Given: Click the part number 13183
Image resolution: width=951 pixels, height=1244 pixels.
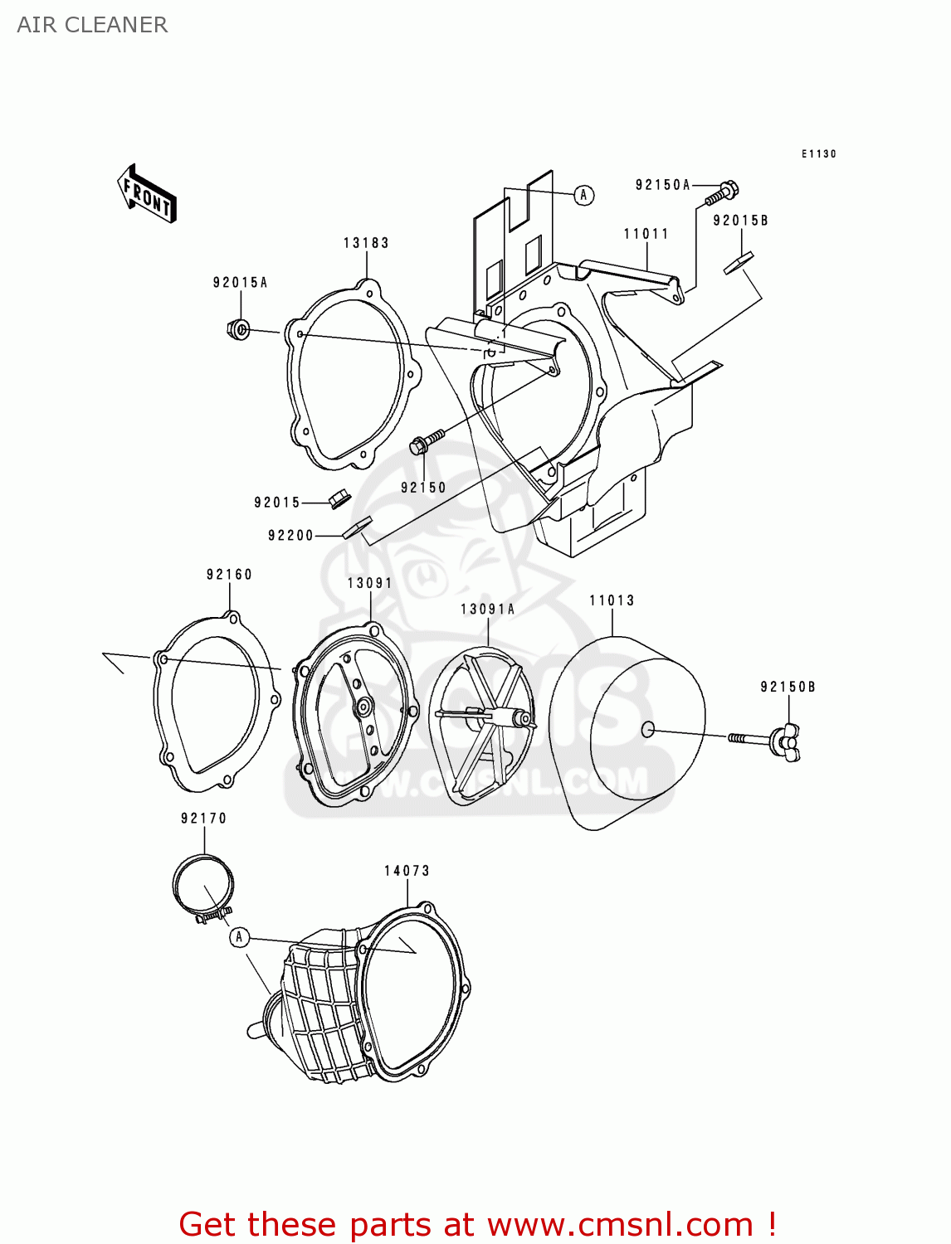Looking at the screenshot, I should click(x=366, y=243).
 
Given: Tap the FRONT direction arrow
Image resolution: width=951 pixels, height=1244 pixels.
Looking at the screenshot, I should click(x=147, y=194).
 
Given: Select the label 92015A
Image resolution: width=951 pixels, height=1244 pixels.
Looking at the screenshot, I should click(x=240, y=283).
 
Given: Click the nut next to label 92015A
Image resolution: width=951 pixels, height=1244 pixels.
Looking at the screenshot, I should click(x=238, y=329).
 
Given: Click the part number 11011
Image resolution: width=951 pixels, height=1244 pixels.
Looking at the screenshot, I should click(x=646, y=234).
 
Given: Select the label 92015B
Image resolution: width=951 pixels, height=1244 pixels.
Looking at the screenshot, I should click(x=740, y=221).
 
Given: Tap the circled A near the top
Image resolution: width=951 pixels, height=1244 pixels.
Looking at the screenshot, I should click(x=584, y=195).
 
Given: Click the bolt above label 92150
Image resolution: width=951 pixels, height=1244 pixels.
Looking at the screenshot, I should click(x=426, y=440).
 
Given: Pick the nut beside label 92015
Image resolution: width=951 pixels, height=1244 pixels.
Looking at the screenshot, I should click(x=339, y=500).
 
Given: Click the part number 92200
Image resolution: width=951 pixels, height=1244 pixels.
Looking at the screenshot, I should click(x=290, y=536).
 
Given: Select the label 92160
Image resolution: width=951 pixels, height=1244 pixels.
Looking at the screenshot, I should click(x=229, y=575).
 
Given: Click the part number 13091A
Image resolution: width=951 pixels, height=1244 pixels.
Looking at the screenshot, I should click(x=487, y=610).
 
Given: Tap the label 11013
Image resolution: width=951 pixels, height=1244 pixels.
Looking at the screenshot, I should click(x=612, y=600).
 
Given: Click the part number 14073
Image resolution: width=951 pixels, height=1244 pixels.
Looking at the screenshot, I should click(x=407, y=871).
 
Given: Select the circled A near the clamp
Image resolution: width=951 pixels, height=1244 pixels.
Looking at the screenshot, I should click(x=239, y=937).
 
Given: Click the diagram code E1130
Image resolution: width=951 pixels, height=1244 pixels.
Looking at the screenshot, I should click(x=818, y=154).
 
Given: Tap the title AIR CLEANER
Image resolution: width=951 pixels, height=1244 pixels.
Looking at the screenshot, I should click(x=92, y=25).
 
